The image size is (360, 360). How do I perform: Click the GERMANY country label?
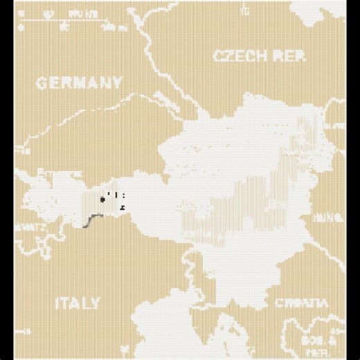[x=79, y=84]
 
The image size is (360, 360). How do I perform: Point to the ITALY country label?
[x=77, y=303]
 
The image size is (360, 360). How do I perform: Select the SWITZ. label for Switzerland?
[x=28, y=227]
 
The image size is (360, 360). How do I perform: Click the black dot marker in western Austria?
[x=103, y=199]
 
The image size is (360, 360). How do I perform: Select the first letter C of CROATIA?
[x=278, y=303]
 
